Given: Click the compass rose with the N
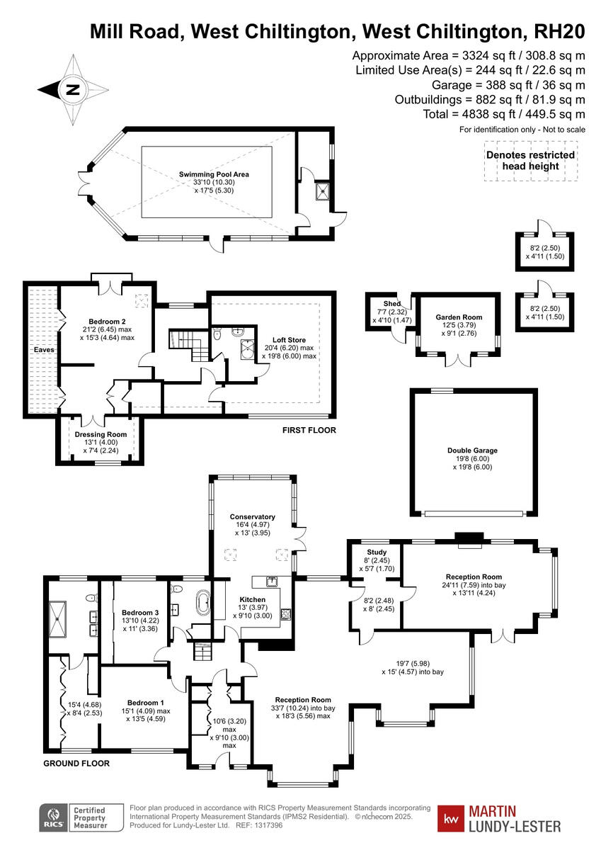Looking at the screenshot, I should (72, 90).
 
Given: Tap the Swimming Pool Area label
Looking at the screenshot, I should (214, 174).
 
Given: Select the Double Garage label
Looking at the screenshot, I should (472, 450).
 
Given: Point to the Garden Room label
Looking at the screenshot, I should (455, 318).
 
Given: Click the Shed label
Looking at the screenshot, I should (391, 304).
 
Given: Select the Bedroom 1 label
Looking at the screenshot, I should (144, 703).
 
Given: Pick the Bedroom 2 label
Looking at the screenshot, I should (107, 321).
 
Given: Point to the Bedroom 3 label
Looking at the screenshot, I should (140, 613).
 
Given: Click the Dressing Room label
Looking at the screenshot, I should (101, 435).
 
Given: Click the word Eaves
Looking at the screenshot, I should (42, 350).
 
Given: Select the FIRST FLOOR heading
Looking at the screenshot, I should (309, 430).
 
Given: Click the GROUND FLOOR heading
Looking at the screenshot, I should (76, 764).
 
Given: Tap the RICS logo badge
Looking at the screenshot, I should (52, 817).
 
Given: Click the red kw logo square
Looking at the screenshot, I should (450, 818).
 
